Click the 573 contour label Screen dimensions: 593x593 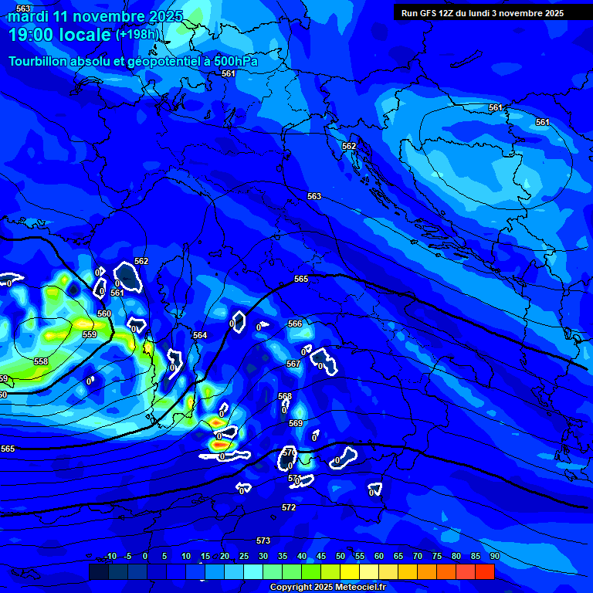pos(263,540)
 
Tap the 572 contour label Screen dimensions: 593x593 pos(289,507)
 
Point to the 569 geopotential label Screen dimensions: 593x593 pos(296,423)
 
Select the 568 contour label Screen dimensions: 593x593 pos(285,396)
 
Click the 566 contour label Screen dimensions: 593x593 pos(295,324)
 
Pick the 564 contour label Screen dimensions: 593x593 pos(200,335)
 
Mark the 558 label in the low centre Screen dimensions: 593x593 pos(41,361)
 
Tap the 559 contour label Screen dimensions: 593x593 pos(90,334)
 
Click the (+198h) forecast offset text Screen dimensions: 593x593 pos(138,35)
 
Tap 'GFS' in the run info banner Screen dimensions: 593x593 pos(427,13)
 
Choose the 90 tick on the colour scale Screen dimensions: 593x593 pos(494,556)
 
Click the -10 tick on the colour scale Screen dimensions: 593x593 pos(110,556)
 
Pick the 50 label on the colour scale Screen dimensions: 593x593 pos(341,556)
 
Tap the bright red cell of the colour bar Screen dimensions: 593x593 pos(485,571)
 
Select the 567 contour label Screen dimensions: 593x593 pos(293,364)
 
